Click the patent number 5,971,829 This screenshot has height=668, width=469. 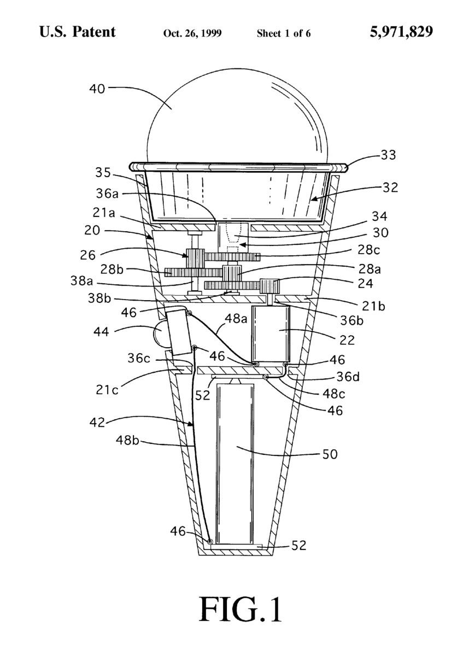pos(401,32)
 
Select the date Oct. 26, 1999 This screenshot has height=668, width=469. pos(192,33)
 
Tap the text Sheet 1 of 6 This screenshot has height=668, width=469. pos(284,33)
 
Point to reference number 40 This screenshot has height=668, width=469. pos(97,89)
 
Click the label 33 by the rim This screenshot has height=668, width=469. pos(388,155)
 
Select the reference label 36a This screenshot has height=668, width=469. pos(107,194)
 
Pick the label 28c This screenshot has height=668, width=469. pos(369,250)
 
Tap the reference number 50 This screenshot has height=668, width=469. pos(330,454)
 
